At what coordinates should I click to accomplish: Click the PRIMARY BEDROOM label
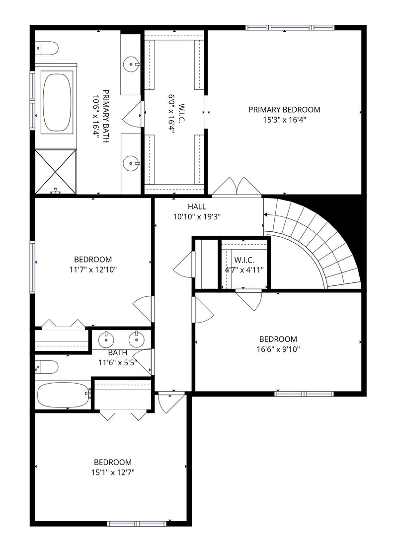click(285, 110)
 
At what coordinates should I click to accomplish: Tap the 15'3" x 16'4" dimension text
click(285, 120)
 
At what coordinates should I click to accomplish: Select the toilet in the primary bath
click(47, 48)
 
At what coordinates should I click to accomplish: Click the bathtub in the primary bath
click(57, 102)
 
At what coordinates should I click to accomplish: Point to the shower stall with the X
click(56, 171)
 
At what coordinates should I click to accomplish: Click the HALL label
click(197, 206)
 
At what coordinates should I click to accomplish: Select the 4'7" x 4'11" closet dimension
click(244, 270)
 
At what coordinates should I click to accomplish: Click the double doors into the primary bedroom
click(236, 187)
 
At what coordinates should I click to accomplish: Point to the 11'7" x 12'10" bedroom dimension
click(93, 269)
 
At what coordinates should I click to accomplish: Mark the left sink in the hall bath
click(106, 340)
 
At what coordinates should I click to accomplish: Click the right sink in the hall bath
click(136, 339)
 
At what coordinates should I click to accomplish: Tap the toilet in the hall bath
click(47, 367)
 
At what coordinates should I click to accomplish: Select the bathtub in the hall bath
click(63, 395)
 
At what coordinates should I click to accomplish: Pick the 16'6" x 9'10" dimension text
click(278, 349)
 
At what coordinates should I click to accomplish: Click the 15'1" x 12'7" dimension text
click(113, 472)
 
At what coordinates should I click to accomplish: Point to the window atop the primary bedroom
click(290, 28)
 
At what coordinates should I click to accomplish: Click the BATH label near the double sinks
click(118, 352)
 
